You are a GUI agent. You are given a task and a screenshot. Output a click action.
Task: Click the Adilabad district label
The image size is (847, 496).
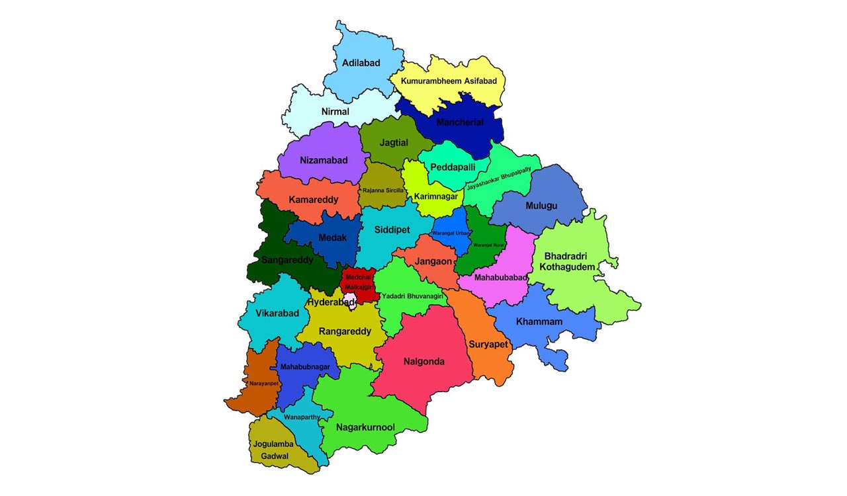click(x=361, y=63)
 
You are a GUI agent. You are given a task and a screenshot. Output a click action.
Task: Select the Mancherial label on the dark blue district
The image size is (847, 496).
click(x=460, y=122)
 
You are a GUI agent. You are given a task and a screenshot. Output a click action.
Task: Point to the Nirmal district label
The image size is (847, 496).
click(x=335, y=112)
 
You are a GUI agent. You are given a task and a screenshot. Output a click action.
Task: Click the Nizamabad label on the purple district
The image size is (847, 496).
click(x=323, y=160)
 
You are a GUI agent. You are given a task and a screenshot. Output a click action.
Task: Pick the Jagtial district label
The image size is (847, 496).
click(x=394, y=142)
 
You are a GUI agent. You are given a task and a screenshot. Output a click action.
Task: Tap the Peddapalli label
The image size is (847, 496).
click(x=453, y=167)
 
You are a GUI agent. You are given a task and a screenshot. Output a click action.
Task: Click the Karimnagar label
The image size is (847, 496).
click(x=436, y=196)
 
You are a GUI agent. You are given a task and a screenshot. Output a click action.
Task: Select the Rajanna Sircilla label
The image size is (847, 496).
click(x=382, y=190)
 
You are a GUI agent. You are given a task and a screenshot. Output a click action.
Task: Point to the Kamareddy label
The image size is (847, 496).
click(x=314, y=199)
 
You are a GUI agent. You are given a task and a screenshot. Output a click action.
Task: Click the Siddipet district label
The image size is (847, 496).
click(x=392, y=229)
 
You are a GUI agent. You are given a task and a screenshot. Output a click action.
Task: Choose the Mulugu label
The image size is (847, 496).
click(x=541, y=206)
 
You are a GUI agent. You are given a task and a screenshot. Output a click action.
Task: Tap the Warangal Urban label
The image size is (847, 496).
click(x=451, y=233)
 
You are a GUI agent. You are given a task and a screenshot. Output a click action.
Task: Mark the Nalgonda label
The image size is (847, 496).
click(x=424, y=362)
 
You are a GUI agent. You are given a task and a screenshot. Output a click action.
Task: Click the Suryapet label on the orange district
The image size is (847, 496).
click(x=488, y=344)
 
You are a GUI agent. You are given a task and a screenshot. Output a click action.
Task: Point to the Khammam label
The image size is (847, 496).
click(x=539, y=321)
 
